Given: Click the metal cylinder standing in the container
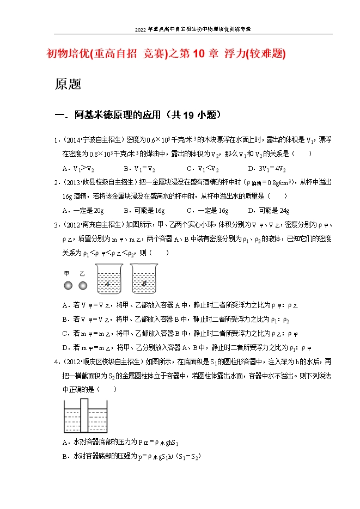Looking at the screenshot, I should pos(84,414).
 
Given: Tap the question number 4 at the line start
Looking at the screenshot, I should pos(57,361).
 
